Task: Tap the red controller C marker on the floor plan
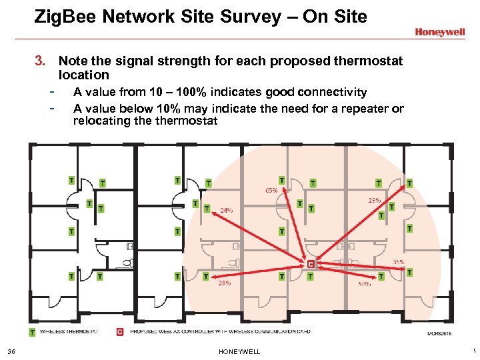tap(310, 264)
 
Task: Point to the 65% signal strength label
tap(271, 190)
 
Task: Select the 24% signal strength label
tap(227, 211)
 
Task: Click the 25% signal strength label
tap(224, 283)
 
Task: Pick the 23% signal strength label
tap(374, 200)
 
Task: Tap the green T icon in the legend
tap(32, 331)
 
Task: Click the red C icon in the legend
tap(120, 331)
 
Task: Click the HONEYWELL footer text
tap(239, 352)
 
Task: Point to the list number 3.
tap(39, 62)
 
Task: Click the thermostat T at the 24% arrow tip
tap(207, 209)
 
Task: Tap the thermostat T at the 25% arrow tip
tap(205, 275)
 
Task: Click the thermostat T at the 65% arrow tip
tap(282, 181)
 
